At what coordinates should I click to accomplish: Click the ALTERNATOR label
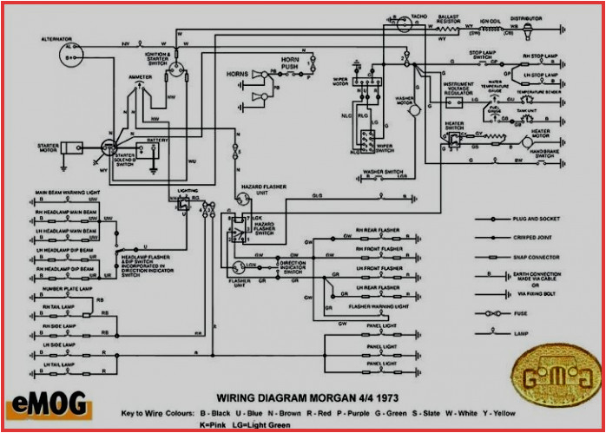click(x=57, y=39)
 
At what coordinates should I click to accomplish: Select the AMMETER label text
click(x=141, y=76)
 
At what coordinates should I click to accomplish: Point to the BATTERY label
click(x=157, y=139)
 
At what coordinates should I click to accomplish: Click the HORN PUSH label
click(x=290, y=62)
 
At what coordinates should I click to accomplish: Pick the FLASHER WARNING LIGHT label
click(x=378, y=306)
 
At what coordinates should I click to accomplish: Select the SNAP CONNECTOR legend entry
click(x=536, y=258)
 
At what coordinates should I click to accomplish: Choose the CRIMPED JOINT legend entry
click(x=532, y=238)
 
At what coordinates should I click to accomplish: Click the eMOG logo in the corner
click(x=37, y=403)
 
